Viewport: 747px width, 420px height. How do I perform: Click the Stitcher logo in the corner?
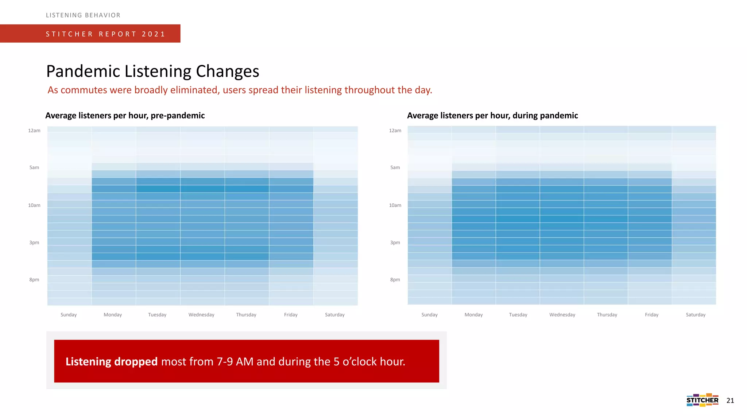tap(702, 400)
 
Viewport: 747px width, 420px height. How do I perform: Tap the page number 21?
tap(730, 401)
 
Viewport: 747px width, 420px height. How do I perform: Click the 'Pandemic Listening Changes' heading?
tap(152, 71)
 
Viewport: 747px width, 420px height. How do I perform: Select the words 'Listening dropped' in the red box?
tap(111, 361)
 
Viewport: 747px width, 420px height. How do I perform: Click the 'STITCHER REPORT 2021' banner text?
tap(105, 34)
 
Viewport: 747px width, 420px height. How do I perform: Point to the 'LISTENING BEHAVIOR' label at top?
tap(83, 15)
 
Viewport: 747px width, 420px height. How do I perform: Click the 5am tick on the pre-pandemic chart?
tap(34, 168)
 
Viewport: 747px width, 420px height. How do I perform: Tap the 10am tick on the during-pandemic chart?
tap(395, 205)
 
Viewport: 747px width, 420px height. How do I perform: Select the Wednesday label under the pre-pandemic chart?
tap(201, 315)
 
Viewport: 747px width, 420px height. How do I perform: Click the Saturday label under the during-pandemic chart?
tap(696, 315)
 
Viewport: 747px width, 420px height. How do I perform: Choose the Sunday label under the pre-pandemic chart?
tap(69, 315)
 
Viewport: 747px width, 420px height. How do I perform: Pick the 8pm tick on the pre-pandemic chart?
tap(34, 280)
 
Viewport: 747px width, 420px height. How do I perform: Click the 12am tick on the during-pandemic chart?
tap(395, 131)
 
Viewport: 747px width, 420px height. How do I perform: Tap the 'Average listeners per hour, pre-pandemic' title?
tap(125, 116)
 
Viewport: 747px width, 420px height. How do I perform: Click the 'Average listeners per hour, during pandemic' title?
tap(492, 116)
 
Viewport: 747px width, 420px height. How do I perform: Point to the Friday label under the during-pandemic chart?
tap(651, 315)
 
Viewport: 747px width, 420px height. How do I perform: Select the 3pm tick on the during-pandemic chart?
tap(395, 242)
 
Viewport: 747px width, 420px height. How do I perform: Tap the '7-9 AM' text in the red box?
tap(235, 361)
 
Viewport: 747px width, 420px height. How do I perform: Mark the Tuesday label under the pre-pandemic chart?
tap(157, 315)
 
